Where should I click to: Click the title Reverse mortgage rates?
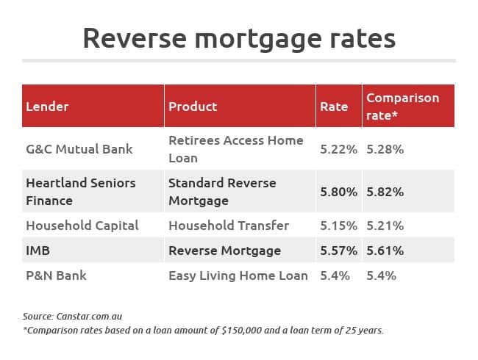point(239,39)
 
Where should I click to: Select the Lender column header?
point(47,107)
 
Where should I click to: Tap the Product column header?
point(193,107)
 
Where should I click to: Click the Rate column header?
point(334,107)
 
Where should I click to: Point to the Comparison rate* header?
point(402,107)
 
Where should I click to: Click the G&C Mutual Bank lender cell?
point(79,149)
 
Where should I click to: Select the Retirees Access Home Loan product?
point(236,149)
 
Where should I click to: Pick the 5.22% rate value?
point(338,149)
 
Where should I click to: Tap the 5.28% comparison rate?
point(385,149)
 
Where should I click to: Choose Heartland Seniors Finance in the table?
point(81,192)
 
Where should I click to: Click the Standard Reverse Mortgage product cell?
point(222,192)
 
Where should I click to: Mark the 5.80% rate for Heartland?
point(338,192)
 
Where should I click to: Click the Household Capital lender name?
point(82,226)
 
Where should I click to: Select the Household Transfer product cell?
point(229,226)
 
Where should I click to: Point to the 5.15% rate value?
point(338,226)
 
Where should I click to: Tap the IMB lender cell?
point(38,251)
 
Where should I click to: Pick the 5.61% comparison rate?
point(385,251)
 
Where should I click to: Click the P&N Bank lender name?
point(56,276)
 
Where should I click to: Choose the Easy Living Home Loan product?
point(238,276)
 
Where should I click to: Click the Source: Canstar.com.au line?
point(72,317)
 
